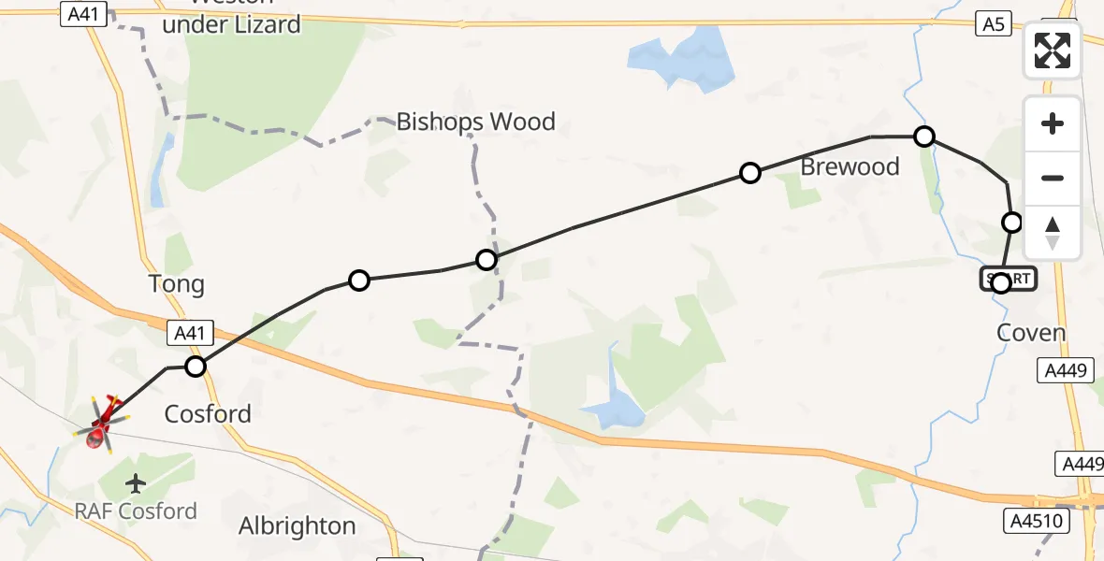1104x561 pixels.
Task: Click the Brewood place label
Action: (850, 167)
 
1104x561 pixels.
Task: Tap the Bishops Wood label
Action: (475, 122)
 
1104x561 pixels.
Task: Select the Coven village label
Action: (1031, 333)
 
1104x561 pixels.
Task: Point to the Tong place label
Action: (176, 284)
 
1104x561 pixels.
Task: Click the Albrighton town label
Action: (297, 526)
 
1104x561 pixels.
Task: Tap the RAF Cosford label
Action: (138, 511)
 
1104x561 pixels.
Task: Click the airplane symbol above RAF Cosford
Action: (137, 484)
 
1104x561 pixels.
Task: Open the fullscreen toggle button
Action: (1053, 50)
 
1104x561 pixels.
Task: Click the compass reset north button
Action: (1053, 232)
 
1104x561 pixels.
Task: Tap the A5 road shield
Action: (994, 24)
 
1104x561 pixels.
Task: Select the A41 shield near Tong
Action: (190, 333)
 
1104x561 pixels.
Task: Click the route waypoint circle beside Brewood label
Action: (749, 173)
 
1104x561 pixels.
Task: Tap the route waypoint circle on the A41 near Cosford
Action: (195, 366)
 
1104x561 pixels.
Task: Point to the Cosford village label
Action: (208, 413)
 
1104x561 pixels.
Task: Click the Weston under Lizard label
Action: (232, 19)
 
